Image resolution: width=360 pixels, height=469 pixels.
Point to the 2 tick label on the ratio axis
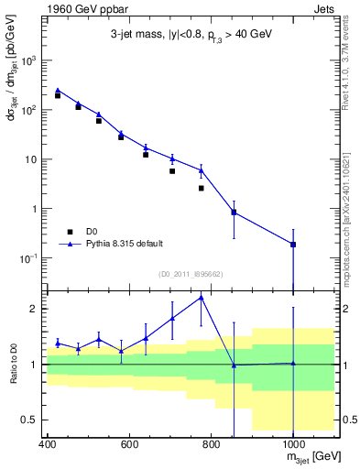[x=34, y=309]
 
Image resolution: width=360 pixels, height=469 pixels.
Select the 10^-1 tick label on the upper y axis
[x=28, y=258]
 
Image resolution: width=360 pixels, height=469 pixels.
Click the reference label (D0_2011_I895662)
[x=191, y=273]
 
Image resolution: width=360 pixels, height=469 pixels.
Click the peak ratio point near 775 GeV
[x=201, y=297]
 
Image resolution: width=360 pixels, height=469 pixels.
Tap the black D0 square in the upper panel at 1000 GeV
[x=292, y=245]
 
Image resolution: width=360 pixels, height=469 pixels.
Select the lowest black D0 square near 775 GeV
[x=201, y=188]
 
